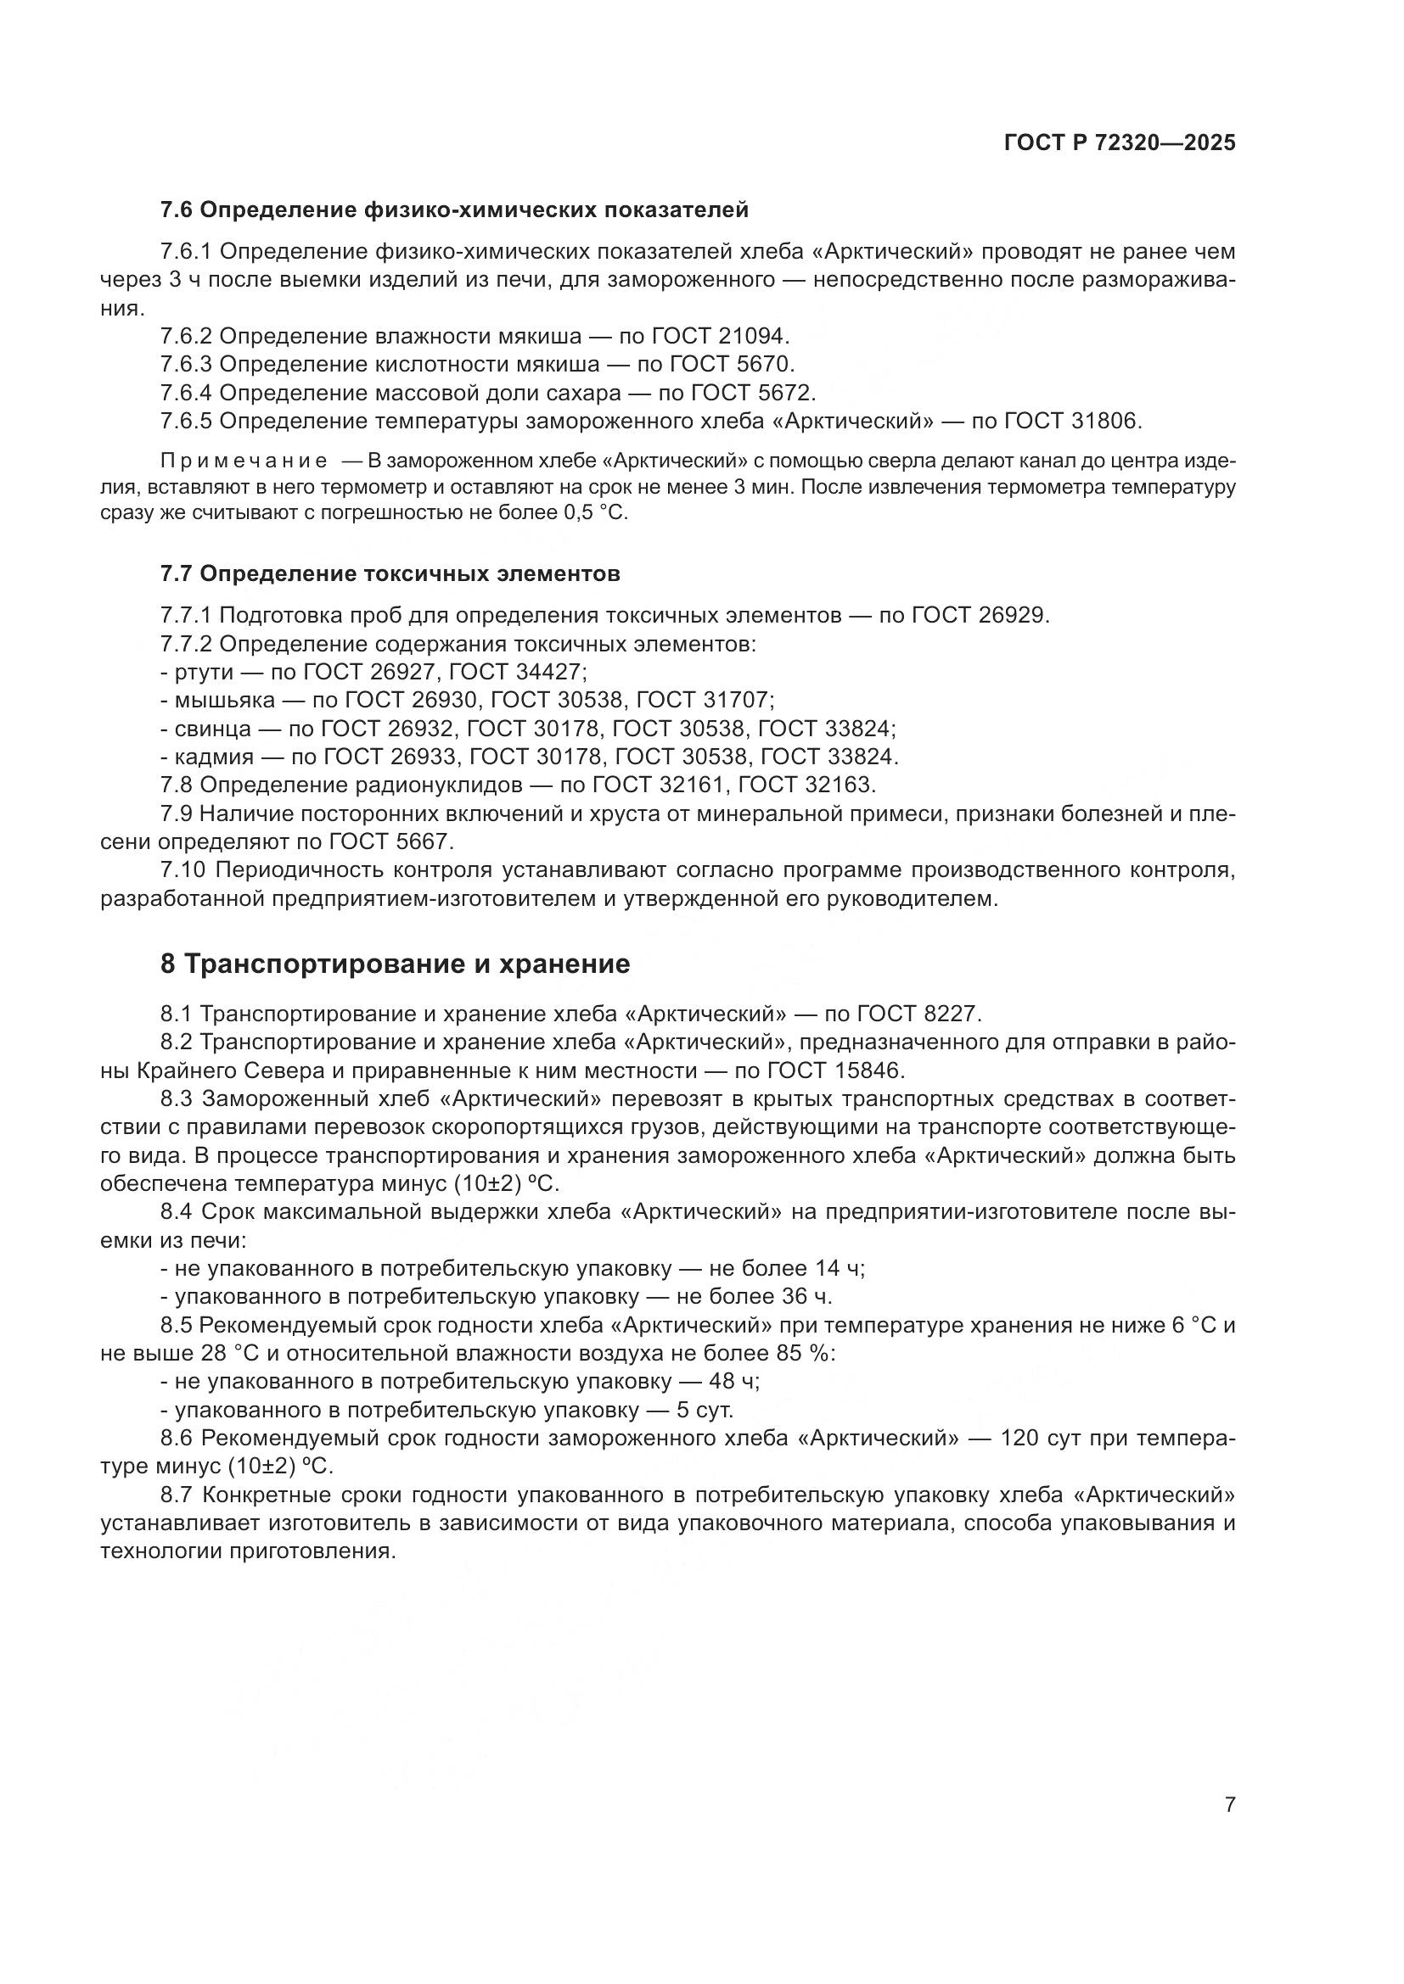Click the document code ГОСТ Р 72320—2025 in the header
pos(1120,143)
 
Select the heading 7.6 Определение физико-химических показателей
pos(455,210)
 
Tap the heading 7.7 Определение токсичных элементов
pos(390,573)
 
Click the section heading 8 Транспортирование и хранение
pos(395,964)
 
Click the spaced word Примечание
pos(244,460)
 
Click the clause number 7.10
pos(182,870)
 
